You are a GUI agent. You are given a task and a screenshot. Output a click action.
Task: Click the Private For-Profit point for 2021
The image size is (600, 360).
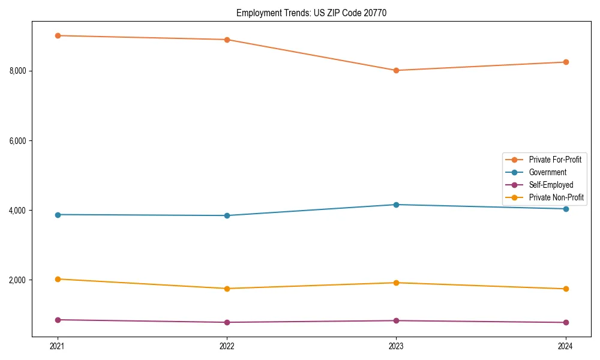pyautogui.click(x=58, y=35)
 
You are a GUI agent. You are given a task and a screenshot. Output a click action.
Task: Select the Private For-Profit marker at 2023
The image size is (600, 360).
pyautogui.click(x=396, y=70)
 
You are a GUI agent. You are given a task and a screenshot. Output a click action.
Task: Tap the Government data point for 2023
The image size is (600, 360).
pyautogui.click(x=396, y=205)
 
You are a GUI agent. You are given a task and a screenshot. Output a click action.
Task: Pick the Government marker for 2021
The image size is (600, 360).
pyautogui.click(x=58, y=215)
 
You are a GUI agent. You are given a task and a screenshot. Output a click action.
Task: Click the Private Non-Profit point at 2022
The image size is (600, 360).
pyautogui.click(x=227, y=289)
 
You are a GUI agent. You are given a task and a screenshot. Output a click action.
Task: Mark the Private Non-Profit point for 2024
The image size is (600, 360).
pyautogui.click(x=565, y=289)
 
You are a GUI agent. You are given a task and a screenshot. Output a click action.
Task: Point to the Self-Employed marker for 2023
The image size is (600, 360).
pyautogui.click(x=396, y=320)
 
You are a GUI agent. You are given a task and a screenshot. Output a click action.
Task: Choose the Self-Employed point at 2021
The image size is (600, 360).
pyautogui.click(x=58, y=320)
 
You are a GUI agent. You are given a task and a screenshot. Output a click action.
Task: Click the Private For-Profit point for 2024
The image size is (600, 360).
pyautogui.click(x=565, y=62)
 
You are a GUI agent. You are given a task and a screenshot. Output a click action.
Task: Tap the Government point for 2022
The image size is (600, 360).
pyautogui.click(x=227, y=215)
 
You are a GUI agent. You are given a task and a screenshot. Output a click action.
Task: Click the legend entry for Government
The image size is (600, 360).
pyautogui.click(x=547, y=172)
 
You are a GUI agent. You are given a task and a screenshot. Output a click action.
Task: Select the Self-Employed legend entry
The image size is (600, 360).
pyautogui.click(x=551, y=185)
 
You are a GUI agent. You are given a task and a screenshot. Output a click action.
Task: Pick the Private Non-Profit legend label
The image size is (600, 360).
pyautogui.click(x=556, y=197)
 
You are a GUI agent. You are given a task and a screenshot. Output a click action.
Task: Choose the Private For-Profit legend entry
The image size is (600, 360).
pyautogui.click(x=555, y=160)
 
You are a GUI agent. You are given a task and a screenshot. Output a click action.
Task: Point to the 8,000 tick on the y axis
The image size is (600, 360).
pyautogui.click(x=18, y=71)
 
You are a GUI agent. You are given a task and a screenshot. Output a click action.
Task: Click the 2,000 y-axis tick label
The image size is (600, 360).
pyautogui.click(x=18, y=280)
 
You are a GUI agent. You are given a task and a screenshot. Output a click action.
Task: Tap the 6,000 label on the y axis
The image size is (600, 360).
pyautogui.click(x=18, y=141)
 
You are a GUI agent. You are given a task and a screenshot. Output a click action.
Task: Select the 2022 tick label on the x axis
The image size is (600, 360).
pyautogui.click(x=227, y=346)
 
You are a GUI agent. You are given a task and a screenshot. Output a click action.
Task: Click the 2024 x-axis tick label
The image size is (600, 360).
pyautogui.click(x=565, y=346)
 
